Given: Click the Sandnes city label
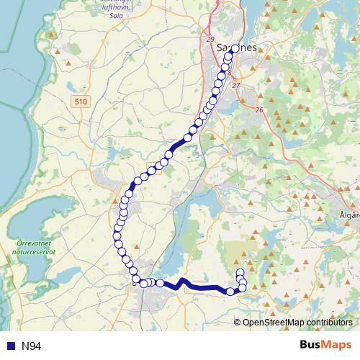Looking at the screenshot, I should click(235, 48).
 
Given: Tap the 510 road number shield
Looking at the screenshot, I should click(80, 103).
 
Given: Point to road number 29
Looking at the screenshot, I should click(210, 38).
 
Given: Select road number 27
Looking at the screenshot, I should click(236, 86).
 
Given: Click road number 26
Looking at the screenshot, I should click(259, 109).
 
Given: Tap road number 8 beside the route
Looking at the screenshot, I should click(229, 73).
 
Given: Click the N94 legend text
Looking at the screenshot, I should click(32, 346).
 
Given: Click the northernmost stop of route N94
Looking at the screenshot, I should click(235, 48).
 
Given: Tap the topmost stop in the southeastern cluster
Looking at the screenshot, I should click(240, 272).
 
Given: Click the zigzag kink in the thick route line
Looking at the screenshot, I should click(181, 283).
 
